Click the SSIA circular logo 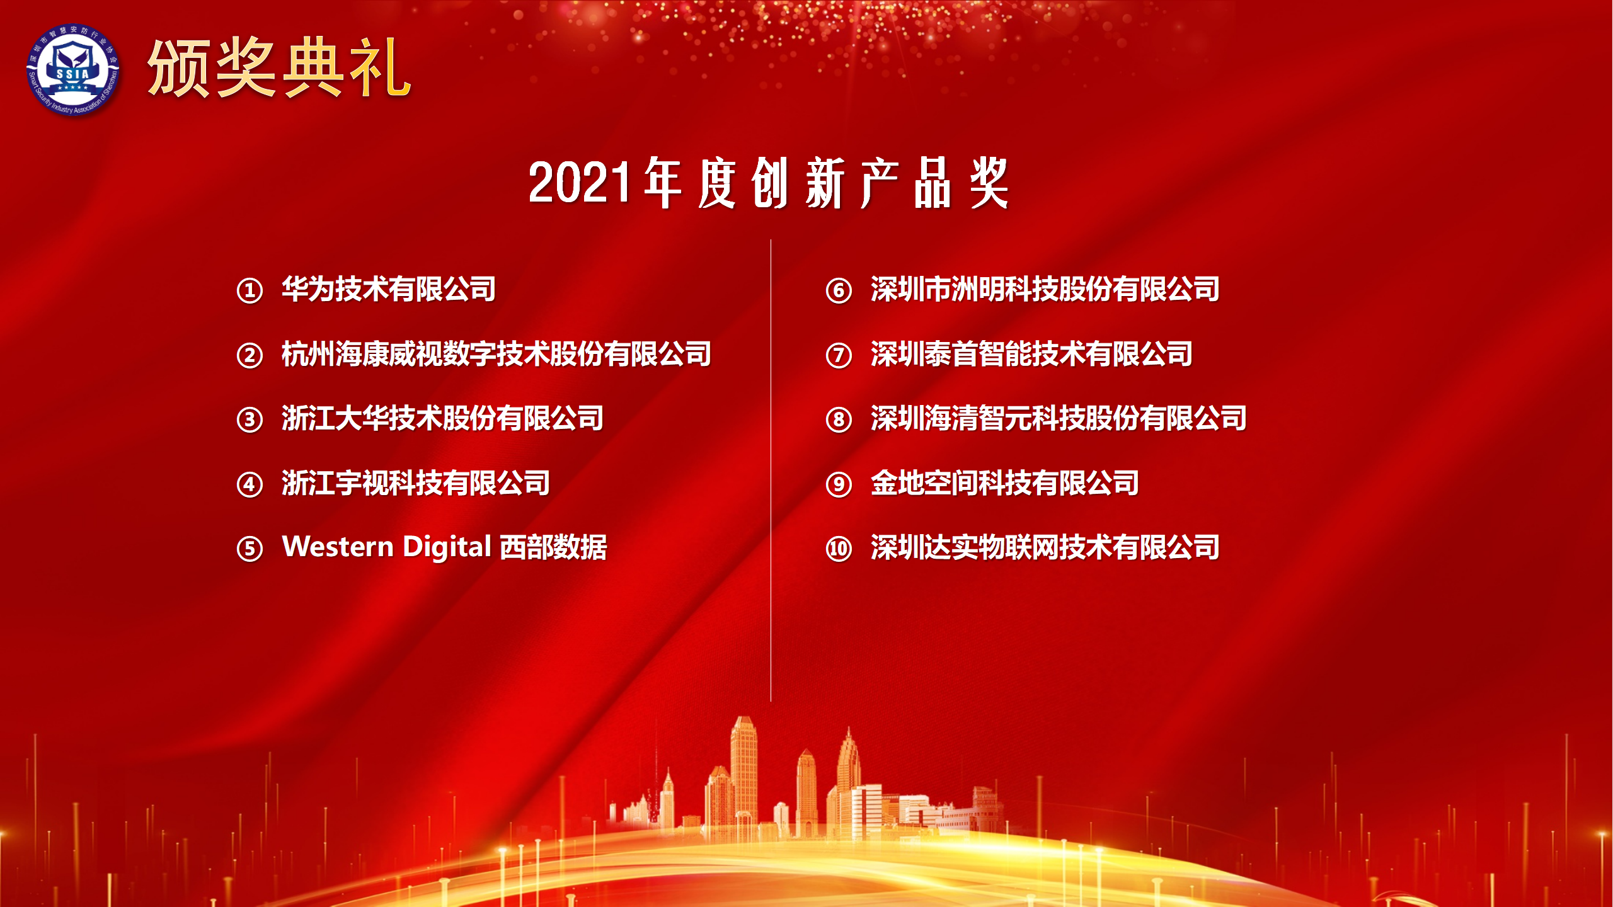pyautogui.click(x=73, y=69)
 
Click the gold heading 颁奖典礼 pyautogui.click(x=279, y=67)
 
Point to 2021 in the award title pyautogui.click(x=579, y=183)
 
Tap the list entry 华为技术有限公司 pyautogui.click(x=389, y=289)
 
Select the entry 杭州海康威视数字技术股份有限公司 pyautogui.click(x=497, y=354)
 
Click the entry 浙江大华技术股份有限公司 pyautogui.click(x=442, y=418)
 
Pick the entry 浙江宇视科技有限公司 pyautogui.click(x=416, y=483)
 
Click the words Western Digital pyautogui.click(x=386, y=547)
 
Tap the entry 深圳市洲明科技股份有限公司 pyautogui.click(x=1045, y=289)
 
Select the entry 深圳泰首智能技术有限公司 pyautogui.click(x=1031, y=354)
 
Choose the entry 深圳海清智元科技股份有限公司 pyautogui.click(x=1059, y=418)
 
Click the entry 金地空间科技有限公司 pyautogui.click(x=1005, y=483)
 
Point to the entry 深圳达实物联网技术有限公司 pyautogui.click(x=1045, y=547)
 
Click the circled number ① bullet pyautogui.click(x=250, y=290)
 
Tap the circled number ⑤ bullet pyautogui.click(x=250, y=549)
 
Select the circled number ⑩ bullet pyautogui.click(x=839, y=549)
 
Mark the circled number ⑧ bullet pyautogui.click(x=839, y=419)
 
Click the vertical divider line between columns pyautogui.click(x=771, y=471)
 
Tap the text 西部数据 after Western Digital pyautogui.click(x=554, y=547)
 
